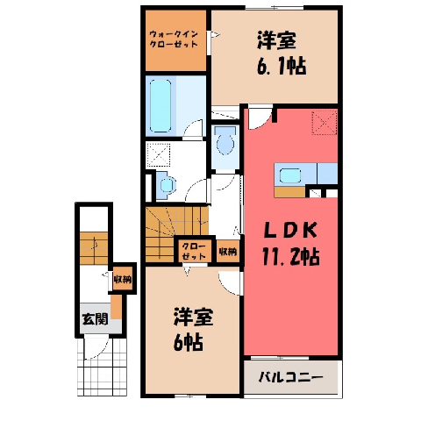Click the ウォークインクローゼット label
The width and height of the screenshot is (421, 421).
pos(174,39)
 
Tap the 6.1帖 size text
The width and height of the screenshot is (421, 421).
pos(282,66)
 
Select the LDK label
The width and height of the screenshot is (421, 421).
pos(290,231)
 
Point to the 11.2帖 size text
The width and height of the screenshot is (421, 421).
pos(290,256)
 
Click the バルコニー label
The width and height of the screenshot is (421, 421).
pos(291,377)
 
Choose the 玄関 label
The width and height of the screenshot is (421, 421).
pos(95,318)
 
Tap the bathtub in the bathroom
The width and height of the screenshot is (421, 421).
pos(161,106)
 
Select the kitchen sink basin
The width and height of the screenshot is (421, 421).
pos(290,175)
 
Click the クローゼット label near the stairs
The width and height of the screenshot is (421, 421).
pos(194,251)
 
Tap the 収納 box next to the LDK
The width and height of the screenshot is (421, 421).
pos(228,251)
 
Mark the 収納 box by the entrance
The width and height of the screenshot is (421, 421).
pos(123,279)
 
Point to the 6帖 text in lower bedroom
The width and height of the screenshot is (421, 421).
pos(189,342)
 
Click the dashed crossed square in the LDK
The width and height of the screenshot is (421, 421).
pos(325,123)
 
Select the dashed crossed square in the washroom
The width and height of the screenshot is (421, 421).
pos(158,155)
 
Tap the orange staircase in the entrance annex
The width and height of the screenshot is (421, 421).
pos(94,248)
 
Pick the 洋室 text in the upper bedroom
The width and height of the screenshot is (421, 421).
pos(276,40)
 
